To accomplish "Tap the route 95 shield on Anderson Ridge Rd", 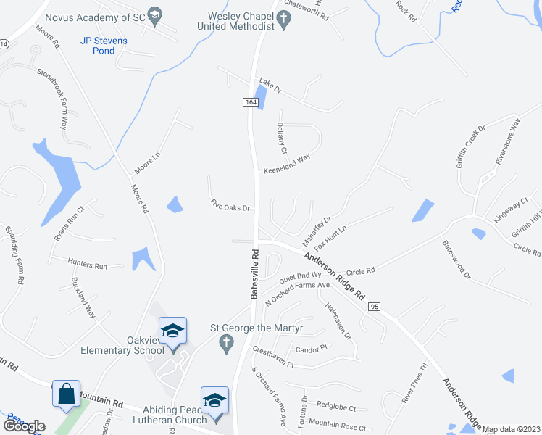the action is coord(374,307).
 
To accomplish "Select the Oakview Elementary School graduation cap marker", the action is coord(173,332).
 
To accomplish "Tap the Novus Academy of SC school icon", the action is coord(154,15).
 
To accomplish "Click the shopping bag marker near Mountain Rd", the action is coord(66,395).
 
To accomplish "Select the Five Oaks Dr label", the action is coord(230,205).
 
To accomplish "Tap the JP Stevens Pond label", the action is coord(104,46).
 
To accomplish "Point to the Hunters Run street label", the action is coord(87,265).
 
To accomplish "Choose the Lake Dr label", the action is coord(270,83).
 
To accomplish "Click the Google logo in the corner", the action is coord(24,426).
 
